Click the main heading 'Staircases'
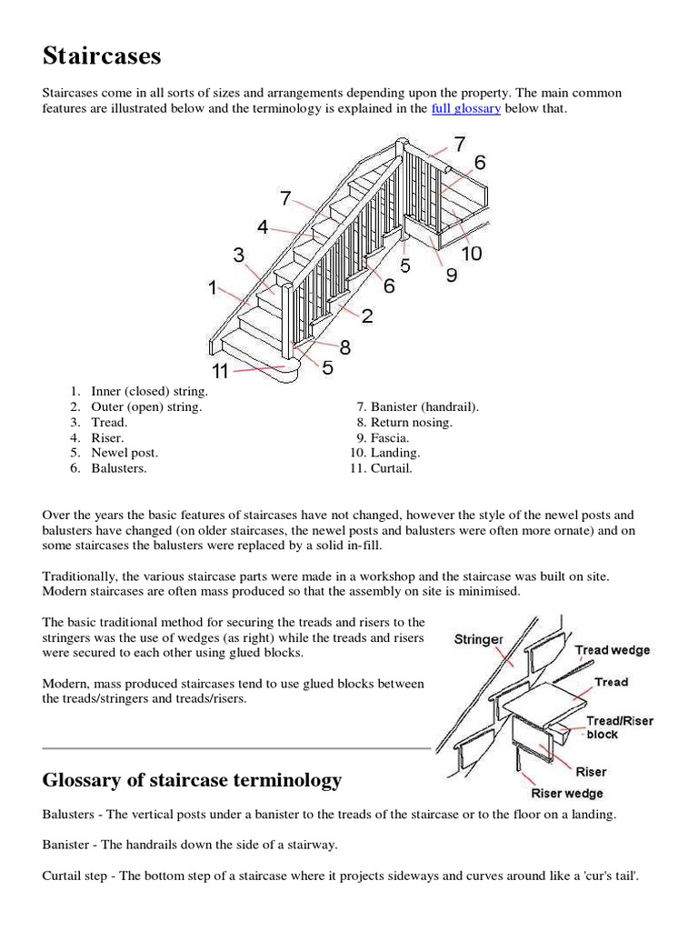(102, 56)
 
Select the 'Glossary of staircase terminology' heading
(192, 780)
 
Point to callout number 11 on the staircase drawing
(221, 370)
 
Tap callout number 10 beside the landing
(471, 253)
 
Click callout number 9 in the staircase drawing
(452, 275)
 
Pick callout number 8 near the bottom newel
(345, 346)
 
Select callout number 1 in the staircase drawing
(212, 288)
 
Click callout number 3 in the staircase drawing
(239, 255)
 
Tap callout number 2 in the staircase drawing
(367, 316)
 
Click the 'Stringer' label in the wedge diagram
(478, 639)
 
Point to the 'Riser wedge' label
(567, 794)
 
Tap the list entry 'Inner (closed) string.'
(149, 392)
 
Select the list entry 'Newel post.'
(125, 453)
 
